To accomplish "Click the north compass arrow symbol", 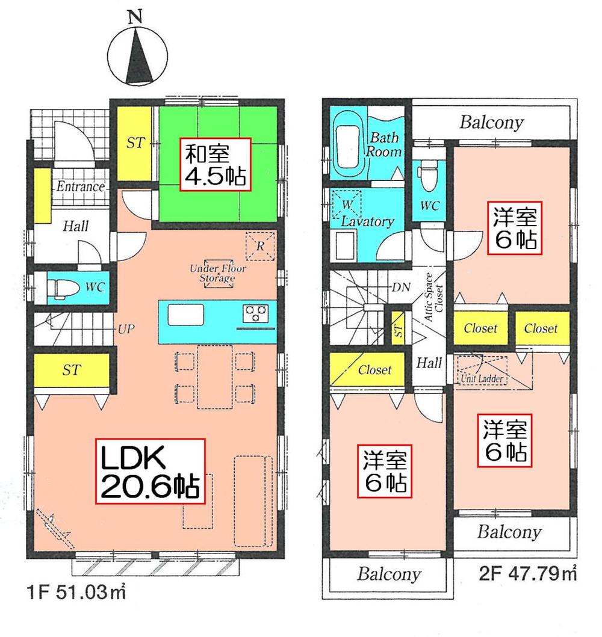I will coord(137,58).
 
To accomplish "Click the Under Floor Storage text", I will coord(212,274).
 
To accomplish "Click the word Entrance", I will coord(80,187).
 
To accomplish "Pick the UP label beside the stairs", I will coord(126,328).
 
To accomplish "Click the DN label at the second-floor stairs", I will coord(401,288).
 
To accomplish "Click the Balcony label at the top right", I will coord(491,123).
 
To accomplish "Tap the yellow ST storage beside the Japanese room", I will coord(134,143).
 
